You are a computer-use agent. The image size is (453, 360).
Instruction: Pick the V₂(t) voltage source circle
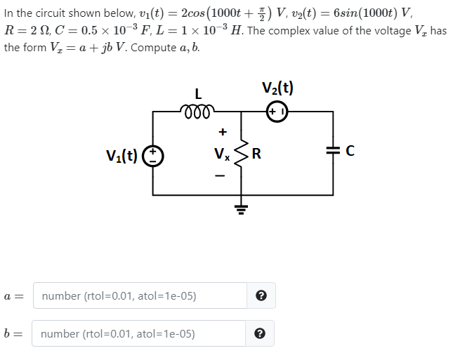(x=278, y=111)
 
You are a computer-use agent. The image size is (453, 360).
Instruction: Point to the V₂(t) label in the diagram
(x=278, y=88)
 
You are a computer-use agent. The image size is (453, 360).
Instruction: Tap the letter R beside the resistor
(x=257, y=154)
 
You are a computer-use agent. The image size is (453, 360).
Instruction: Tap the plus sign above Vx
(x=223, y=131)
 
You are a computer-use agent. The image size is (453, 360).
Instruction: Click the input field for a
(x=140, y=295)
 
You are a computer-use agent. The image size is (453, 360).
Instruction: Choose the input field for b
(x=140, y=333)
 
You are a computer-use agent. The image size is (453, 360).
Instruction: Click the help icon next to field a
(x=261, y=295)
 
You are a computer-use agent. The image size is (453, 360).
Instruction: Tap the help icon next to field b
(x=261, y=333)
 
